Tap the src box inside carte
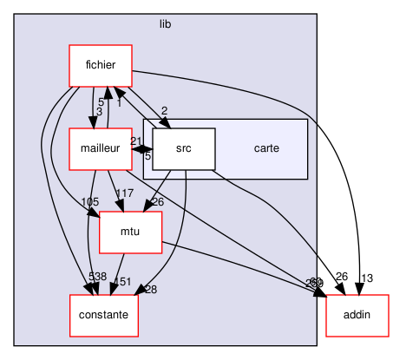click(x=184, y=148)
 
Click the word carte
click(x=265, y=148)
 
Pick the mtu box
click(x=130, y=232)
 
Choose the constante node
click(x=104, y=315)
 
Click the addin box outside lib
click(x=357, y=315)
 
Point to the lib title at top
click(x=165, y=24)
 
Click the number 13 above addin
click(x=367, y=278)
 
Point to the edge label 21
click(x=136, y=141)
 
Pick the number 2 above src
click(x=164, y=110)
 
